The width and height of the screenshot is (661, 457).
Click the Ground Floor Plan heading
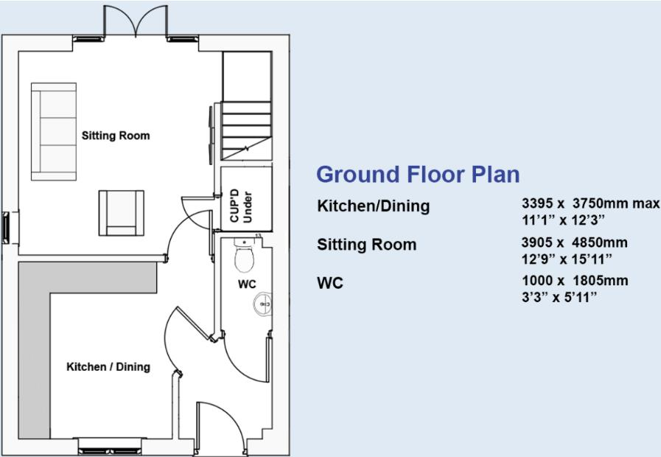point(418,175)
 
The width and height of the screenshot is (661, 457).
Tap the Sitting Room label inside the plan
point(116,136)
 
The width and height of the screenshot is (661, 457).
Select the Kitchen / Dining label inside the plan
point(108,366)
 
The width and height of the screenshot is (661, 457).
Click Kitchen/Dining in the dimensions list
point(373,206)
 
